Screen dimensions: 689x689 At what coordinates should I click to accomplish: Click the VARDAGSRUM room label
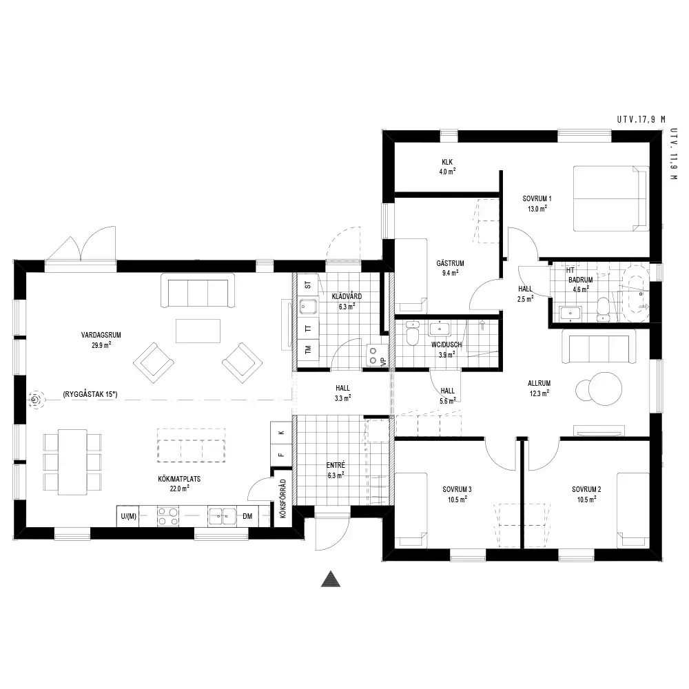101,335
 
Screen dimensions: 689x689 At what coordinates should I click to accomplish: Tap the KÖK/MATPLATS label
179,479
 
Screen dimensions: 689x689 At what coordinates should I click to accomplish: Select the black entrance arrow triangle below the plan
331,579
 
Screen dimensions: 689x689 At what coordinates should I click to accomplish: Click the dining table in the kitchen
72,462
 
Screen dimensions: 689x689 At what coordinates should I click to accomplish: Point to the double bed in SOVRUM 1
610,198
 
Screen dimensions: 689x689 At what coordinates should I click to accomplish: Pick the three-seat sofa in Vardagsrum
197,291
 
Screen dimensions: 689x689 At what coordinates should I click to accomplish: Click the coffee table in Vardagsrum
198,331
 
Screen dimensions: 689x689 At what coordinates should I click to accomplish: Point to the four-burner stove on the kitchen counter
168,516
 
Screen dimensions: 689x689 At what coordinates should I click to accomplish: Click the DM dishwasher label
247,516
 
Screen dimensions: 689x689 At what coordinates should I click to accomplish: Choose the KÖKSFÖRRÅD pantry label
282,498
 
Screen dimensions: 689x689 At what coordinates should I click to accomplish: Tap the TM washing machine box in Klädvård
308,349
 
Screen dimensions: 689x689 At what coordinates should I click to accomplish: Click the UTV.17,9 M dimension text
641,119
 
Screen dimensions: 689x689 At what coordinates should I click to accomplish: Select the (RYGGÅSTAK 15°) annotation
90,394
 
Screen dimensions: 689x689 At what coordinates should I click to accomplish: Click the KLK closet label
447,162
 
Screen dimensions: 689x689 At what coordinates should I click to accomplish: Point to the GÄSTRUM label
451,263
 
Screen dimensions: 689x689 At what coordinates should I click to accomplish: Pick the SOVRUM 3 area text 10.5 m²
457,499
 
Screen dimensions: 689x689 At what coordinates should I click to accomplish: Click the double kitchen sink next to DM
222,516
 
